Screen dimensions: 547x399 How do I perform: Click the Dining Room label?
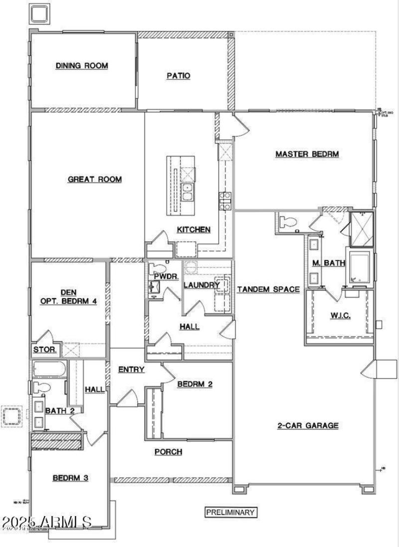pyautogui.click(x=82, y=65)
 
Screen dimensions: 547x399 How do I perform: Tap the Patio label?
pyautogui.click(x=178, y=76)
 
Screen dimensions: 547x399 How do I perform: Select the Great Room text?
pyautogui.click(x=95, y=179)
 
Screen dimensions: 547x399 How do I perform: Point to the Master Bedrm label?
pyautogui.click(x=307, y=154)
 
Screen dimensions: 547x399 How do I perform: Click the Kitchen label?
pyautogui.click(x=194, y=230)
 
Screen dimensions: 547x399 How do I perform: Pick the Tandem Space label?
pyautogui.click(x=268, y=289)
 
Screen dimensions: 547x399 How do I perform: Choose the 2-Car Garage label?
pyautogui.click(x=308, y=426)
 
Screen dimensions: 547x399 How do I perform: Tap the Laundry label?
pyautogui.click(x=201, y=285)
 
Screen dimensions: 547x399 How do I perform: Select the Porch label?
pyautogui.click(x=168, y=452)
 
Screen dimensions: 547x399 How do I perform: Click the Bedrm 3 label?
pyautogui.click(x=71, y=478)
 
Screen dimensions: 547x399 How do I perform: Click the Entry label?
pyautogui.click(x=131, y=370)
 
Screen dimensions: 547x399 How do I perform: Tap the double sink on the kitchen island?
pyautogui.click(x=188, y=192)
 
